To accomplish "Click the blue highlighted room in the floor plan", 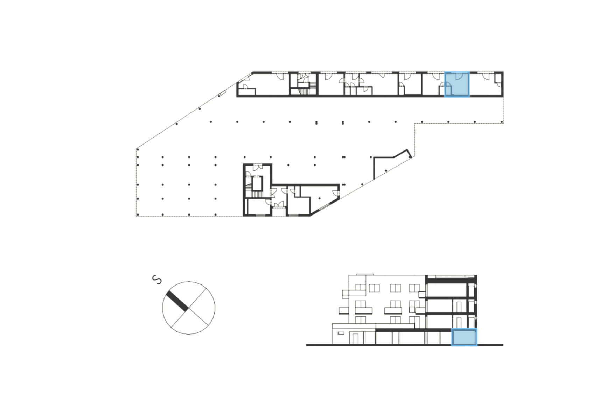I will (457, 84).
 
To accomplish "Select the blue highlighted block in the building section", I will (464, 337).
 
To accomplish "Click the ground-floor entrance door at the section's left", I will (355, 338).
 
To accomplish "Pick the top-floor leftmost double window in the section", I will (374, 288).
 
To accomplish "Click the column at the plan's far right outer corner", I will (502, 122).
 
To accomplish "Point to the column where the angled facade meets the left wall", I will (138, 148).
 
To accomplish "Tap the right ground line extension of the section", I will (490, 345).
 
